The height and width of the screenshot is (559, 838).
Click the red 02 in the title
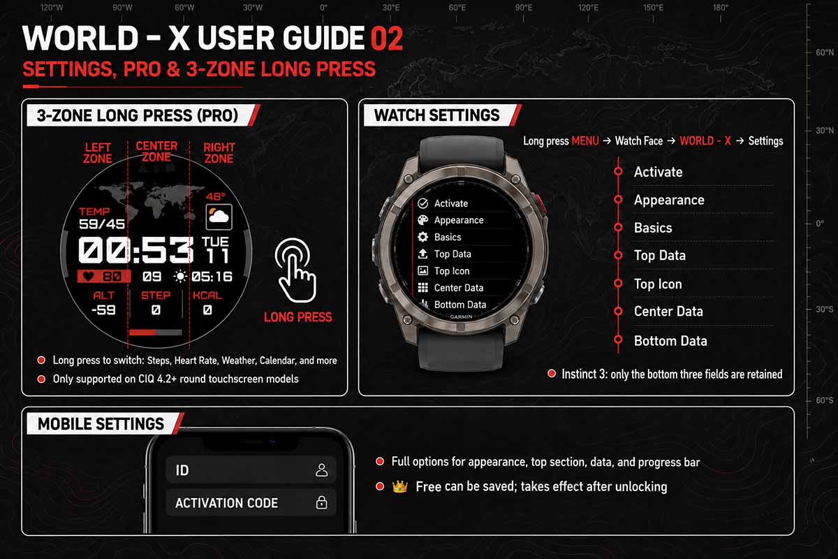point(387,38)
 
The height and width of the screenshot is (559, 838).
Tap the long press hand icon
point(295,270)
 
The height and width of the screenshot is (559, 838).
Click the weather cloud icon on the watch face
point(219,217)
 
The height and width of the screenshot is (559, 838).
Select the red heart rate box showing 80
point(104,277)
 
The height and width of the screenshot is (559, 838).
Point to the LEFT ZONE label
point(97,153)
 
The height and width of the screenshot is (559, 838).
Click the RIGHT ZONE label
point(219,153)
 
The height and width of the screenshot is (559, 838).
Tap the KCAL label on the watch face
point(207,296)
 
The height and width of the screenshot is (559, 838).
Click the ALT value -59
point(103,310)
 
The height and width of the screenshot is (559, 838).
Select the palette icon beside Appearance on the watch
point(422,220)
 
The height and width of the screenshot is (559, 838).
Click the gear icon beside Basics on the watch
point(422,237)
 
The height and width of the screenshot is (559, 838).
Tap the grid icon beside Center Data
point(422,288)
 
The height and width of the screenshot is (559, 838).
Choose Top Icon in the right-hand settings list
point(658,284)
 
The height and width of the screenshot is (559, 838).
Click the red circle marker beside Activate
point(618,171)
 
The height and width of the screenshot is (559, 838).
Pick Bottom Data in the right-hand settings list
point(670,341)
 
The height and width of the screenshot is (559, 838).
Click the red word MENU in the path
point(585,141)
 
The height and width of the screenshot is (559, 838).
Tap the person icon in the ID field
point(321,470)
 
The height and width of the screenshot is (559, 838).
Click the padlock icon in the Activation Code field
point(321,502)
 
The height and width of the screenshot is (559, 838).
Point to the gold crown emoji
point(399,487)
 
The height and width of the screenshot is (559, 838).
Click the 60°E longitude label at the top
point(457,8)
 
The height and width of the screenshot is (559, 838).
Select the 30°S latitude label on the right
point(825,310)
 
